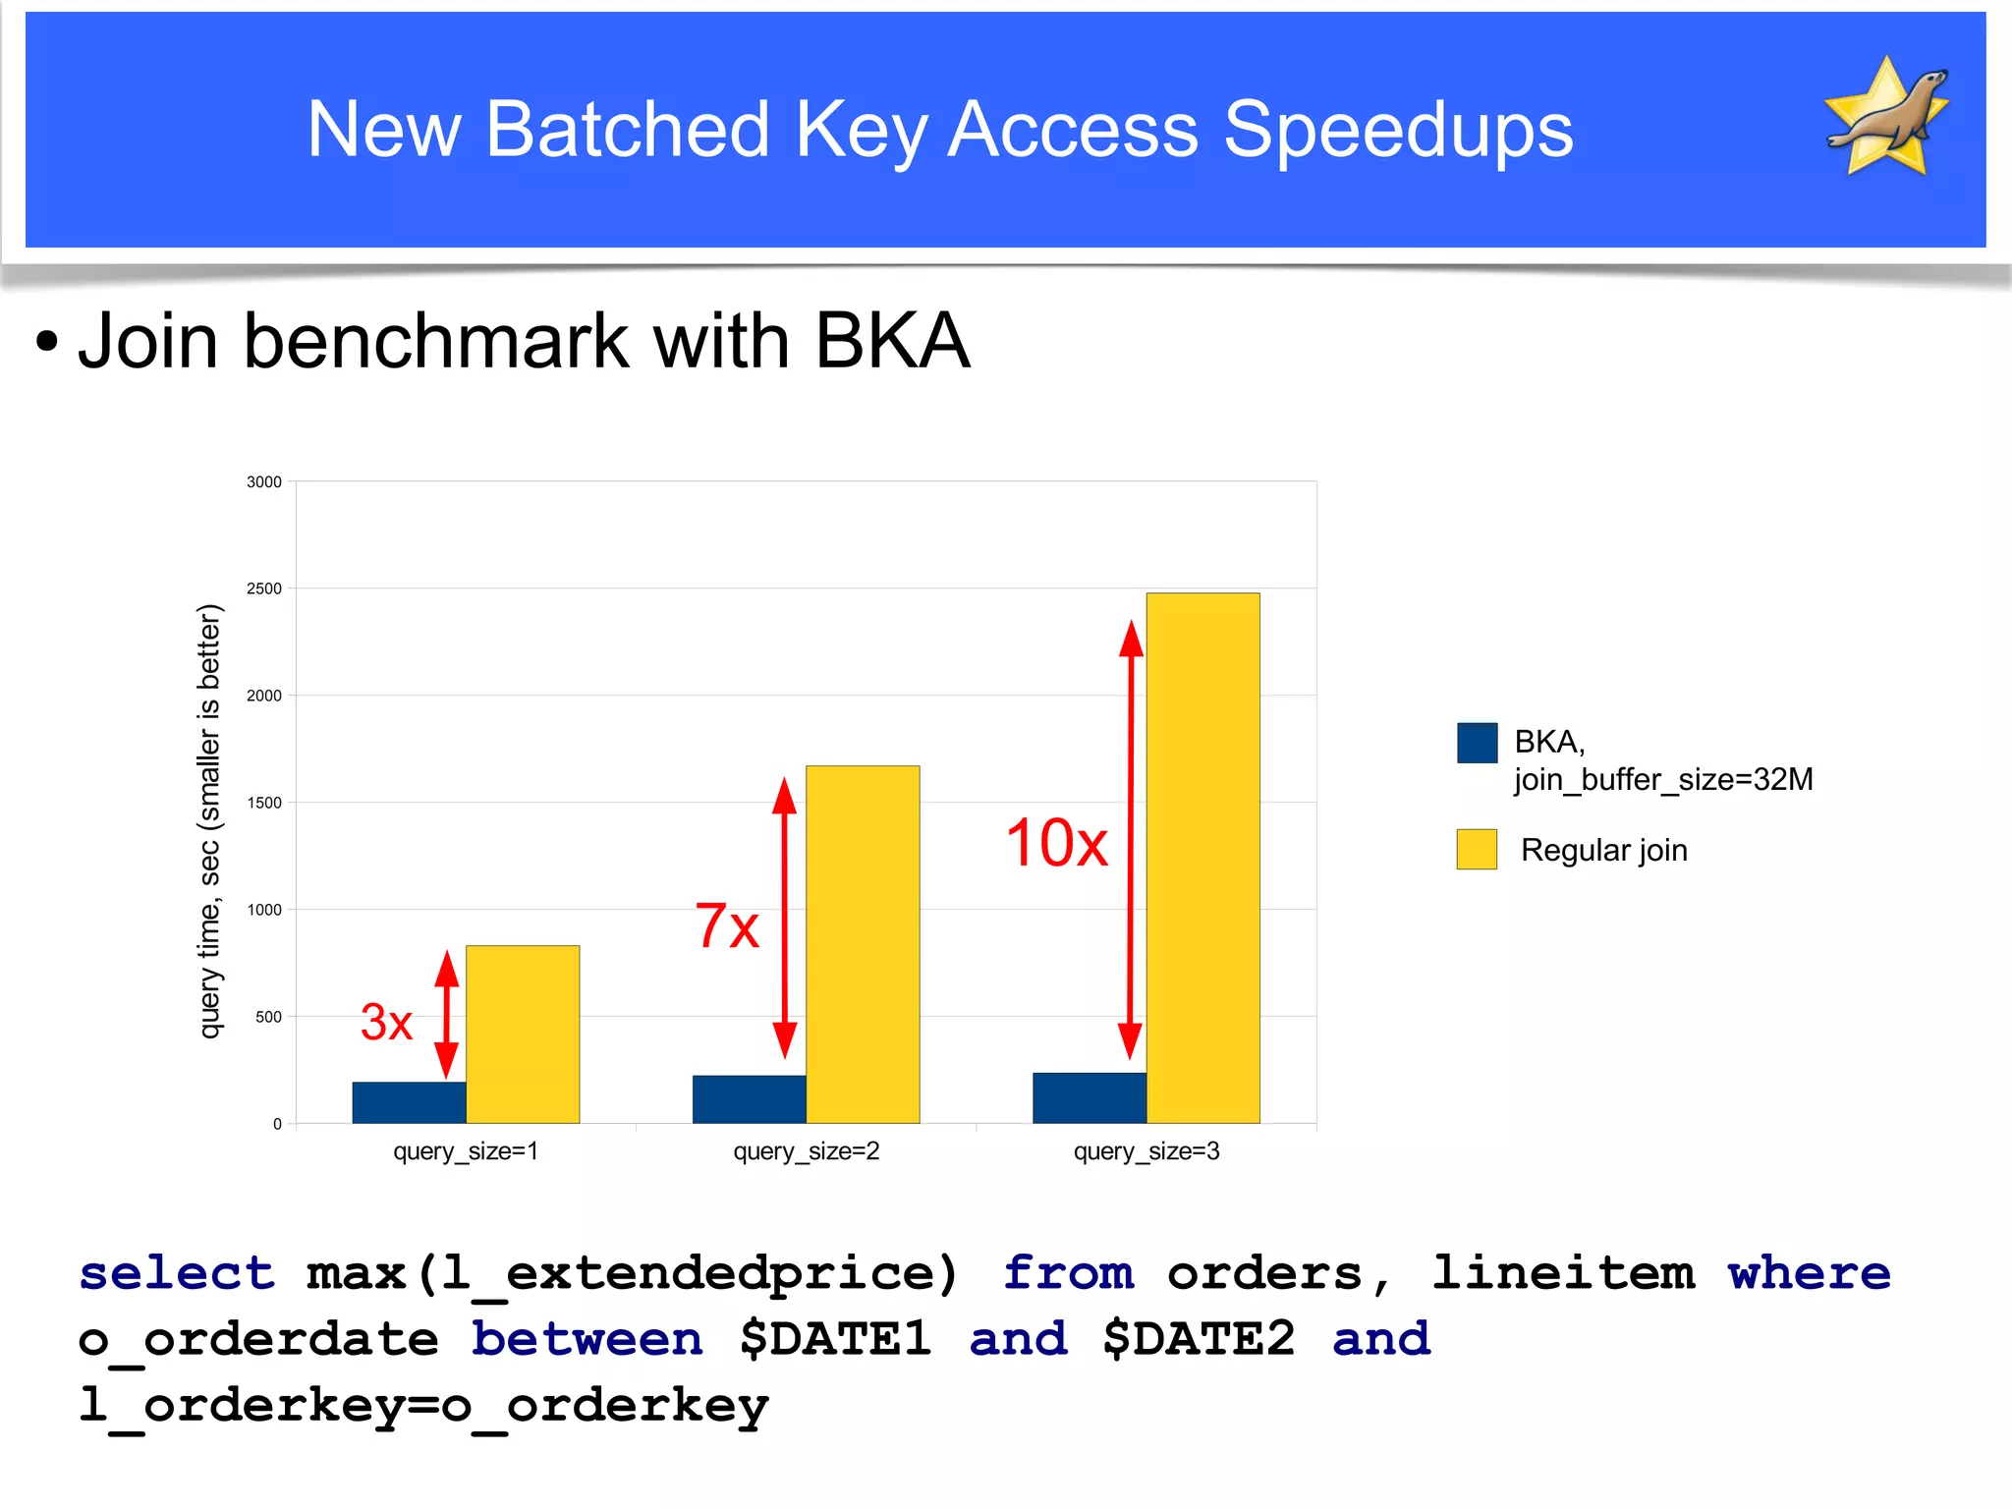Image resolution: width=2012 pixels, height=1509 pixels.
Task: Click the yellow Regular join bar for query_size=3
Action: tap(1202, 857)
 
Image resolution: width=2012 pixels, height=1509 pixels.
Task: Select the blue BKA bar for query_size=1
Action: tap(409, 1102)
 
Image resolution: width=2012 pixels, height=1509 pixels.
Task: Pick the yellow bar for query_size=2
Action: tap(863, 943)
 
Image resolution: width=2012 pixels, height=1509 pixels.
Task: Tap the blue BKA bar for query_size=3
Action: tap(1089, 1097)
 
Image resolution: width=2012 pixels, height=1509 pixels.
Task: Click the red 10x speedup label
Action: tap(1056, 843)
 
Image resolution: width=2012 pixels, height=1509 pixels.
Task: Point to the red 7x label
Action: tap(727, 925)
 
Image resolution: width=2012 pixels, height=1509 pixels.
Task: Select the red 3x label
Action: tap(386, 1022)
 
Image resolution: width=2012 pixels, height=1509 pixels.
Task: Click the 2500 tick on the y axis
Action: tap(264, 588)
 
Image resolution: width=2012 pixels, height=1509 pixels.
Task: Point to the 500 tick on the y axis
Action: tap(268, 1017)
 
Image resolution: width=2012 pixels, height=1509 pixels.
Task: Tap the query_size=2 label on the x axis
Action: tap(806, 1150)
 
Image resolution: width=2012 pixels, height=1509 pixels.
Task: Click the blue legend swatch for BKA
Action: tap(1477, 743)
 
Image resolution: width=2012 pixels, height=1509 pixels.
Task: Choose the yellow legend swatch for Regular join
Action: tap(1477, 849)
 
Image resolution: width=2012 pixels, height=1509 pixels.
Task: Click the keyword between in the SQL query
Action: tap(587, 1339)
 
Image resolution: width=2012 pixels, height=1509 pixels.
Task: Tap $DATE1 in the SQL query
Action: tap(835, 1339)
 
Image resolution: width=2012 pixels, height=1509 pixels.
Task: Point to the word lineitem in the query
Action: tap(1563, 1273)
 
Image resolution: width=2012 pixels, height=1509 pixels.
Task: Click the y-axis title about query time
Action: tap(209, 820)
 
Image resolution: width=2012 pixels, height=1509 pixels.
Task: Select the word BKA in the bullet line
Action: tap(891, 341)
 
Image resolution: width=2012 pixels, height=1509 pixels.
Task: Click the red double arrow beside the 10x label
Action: tap(1131, 840)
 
